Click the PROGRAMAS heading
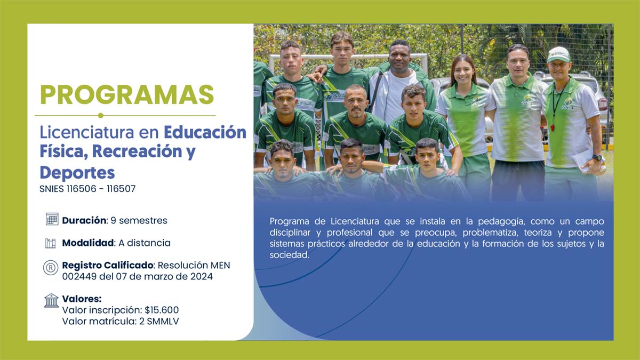click(x=127, y=94)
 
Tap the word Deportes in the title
click(x=77, y=173)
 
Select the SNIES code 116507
click(x=121, y=189)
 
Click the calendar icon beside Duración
click(x=52, y=219)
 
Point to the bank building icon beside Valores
click(x=51, y=301)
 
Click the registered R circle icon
click(x=51, y=268)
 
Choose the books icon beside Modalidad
click(x=51, y=243)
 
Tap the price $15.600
click(x=162, y=310)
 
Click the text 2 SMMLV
click(x=159, y=322)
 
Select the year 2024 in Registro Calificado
click(x=202, y=277)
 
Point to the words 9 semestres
click(x=139, y=221)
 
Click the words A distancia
click(x=145, y=243)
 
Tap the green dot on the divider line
click(x=101, y=115)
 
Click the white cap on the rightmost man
click(x=558, y=54)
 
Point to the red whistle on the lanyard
click(x=553, y=127)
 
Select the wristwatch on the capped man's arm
click(x=597, y=158)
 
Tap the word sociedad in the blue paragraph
click(x=289, y=255)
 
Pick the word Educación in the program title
click(x=205, y=132)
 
